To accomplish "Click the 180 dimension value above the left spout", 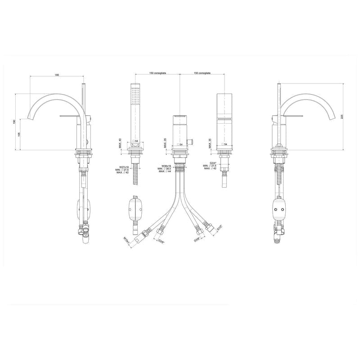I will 57,75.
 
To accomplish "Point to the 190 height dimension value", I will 14,122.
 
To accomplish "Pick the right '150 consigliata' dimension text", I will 202,73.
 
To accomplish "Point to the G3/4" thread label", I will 213,163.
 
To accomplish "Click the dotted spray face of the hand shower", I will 135,97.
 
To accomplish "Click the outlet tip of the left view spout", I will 31,118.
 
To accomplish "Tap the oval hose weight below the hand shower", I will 135,208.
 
